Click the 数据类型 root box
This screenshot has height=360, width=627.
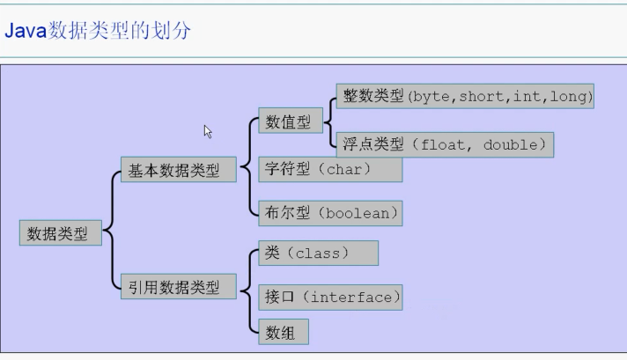pyautogui.click(x=59, y=233)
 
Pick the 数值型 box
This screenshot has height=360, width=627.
pyautogui.click(x=288, y=123)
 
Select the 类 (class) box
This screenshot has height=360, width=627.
pyautogui.click(x=318, y=253)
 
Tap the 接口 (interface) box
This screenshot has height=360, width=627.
pyautogui.click(x=329, y=297)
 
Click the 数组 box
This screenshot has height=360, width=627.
pyautogui.click(x=283, y=332)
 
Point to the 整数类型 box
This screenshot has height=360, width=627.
pyautogui.click(x=465, y=96)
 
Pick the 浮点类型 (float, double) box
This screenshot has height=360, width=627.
pyautogui.click(x=444, y=144)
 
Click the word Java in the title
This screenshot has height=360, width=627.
pyautogui.click(x=26, y=31)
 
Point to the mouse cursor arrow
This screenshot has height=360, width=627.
pyautogui.click(x=208, y=131)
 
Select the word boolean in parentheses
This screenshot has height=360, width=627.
pyautogui.click(x=361, y=212)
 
